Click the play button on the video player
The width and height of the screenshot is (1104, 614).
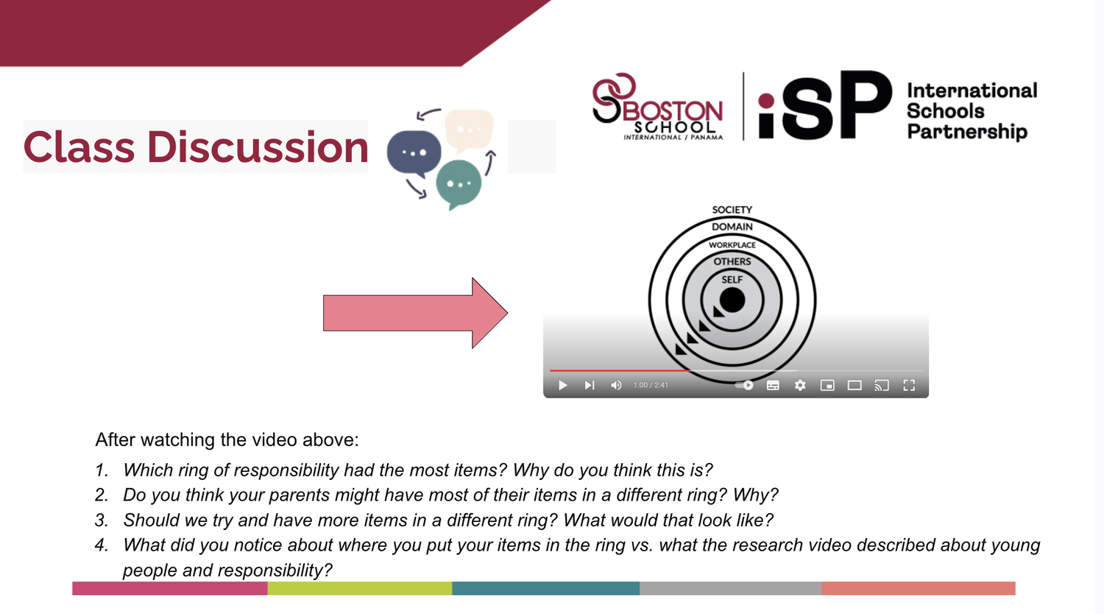coord(563,385)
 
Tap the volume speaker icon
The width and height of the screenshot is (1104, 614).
coord(616,385)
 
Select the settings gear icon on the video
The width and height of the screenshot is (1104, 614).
coord(800,385)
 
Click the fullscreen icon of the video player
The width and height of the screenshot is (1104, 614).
coord(909,385)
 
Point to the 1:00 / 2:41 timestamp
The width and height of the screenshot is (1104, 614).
coord(651,385)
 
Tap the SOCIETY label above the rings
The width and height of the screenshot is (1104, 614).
coord(732,210)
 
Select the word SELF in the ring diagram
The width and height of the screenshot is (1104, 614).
coord(732,280)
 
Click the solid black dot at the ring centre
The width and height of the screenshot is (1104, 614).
coord(732,300)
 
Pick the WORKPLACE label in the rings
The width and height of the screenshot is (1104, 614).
coord(732,244)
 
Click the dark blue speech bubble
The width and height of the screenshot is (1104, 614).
coord(414,152)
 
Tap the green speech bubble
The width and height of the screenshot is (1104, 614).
coord(459,183)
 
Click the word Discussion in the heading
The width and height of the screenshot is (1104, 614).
coord(258,147)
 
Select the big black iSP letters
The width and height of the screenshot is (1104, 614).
coord(824,107)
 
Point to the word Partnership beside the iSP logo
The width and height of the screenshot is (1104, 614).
coord(966,132)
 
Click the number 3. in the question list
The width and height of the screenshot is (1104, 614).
coord(102,521)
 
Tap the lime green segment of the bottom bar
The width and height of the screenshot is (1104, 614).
coord(359,588)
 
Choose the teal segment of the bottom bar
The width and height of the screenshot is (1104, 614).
coord(545,588)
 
